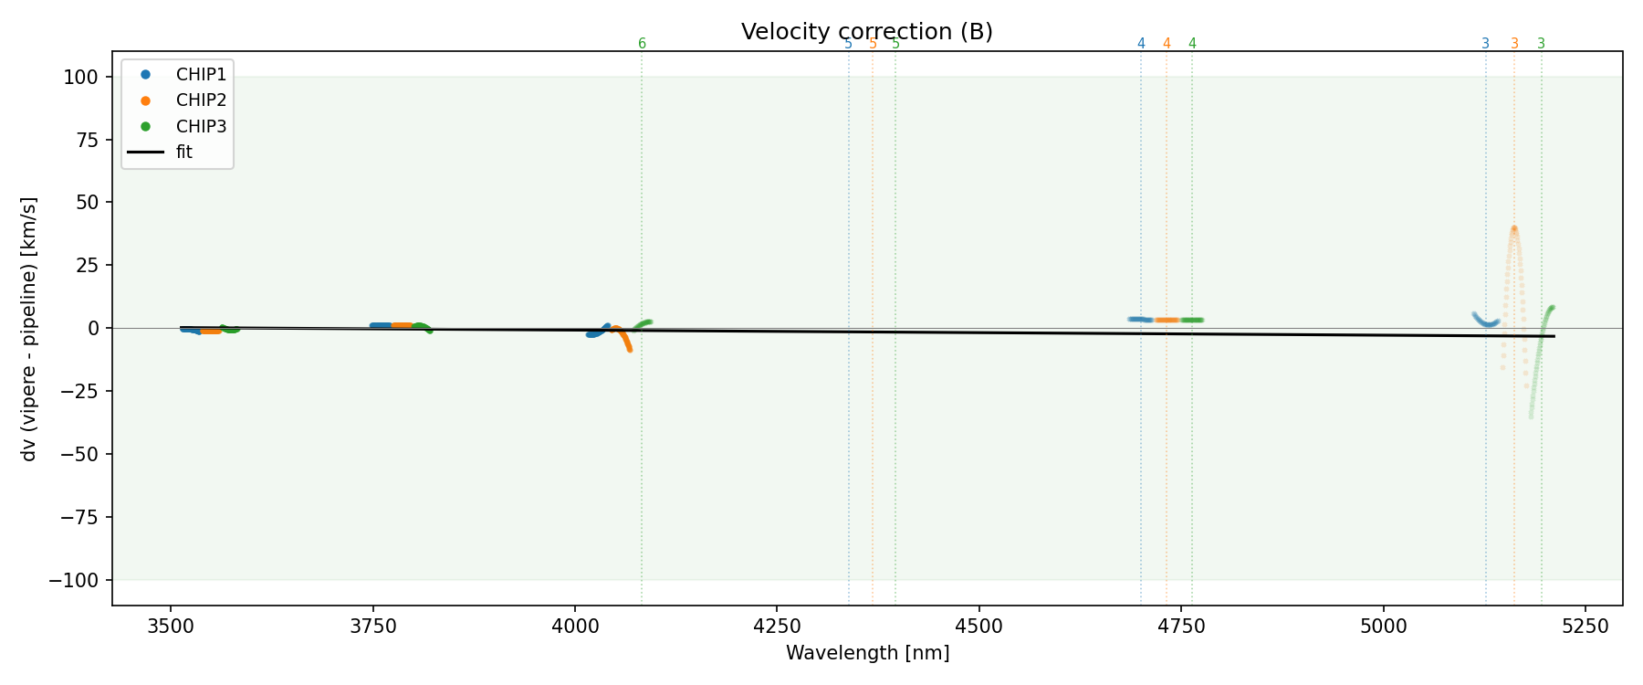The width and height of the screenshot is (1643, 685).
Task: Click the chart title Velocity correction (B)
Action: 866,32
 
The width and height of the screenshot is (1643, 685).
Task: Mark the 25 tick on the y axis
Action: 86,266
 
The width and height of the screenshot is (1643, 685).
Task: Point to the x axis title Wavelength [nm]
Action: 867,653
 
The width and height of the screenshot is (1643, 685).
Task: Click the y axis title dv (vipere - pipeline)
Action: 29,329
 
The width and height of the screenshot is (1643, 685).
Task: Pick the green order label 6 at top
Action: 642,44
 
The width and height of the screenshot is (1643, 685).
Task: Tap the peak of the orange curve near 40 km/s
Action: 1513,228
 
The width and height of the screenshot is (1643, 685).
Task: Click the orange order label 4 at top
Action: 1167,44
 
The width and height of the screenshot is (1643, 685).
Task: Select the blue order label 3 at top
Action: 1485,44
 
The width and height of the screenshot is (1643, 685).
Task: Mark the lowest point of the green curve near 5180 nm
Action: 1531,417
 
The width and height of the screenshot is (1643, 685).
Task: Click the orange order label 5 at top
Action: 873,44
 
